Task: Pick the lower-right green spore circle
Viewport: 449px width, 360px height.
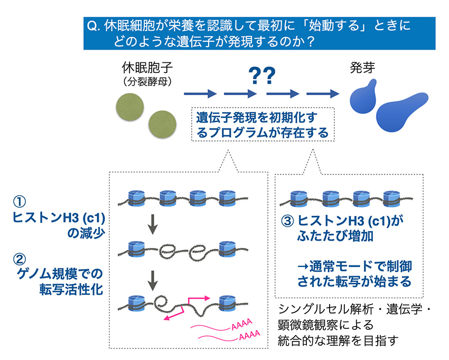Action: (160, 125)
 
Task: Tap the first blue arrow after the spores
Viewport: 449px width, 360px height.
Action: (200, 94)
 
